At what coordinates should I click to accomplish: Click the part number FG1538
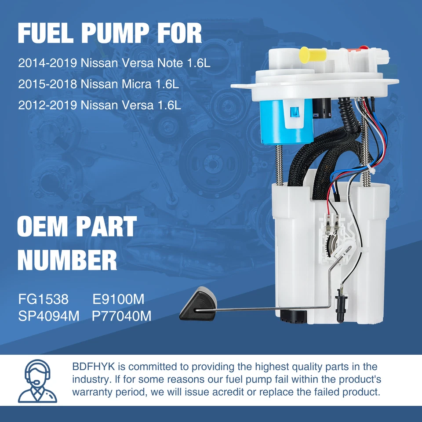pyautogui.click(x=44, y=299)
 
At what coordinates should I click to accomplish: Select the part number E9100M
pyautogui.click(x=118, y=299)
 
